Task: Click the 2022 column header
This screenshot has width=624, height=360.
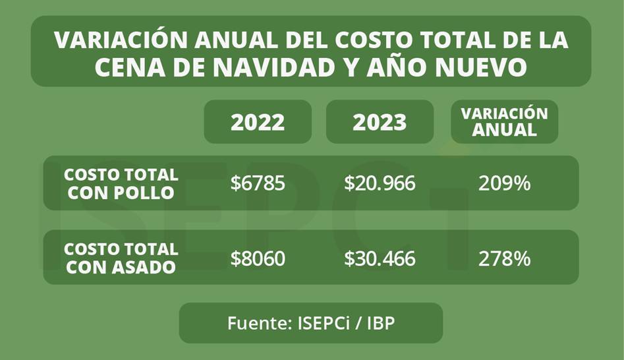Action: [258, 122]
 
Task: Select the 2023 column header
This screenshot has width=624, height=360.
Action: [380, 122]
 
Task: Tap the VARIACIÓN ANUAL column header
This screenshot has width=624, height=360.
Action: [504, 121]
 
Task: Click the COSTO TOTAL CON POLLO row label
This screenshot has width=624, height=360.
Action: [121, 183]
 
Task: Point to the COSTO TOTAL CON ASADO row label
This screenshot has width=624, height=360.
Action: [121, 258]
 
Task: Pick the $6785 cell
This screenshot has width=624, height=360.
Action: [258, 183]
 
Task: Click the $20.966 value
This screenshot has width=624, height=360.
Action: [380, 183]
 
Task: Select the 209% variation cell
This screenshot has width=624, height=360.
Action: [504, 183]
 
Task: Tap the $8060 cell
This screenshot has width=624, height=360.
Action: [258, 258]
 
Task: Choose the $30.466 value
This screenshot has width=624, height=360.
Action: [380, 258]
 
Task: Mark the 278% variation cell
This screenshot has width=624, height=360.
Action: [504, 258]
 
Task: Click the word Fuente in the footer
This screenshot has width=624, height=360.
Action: [251, 323]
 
